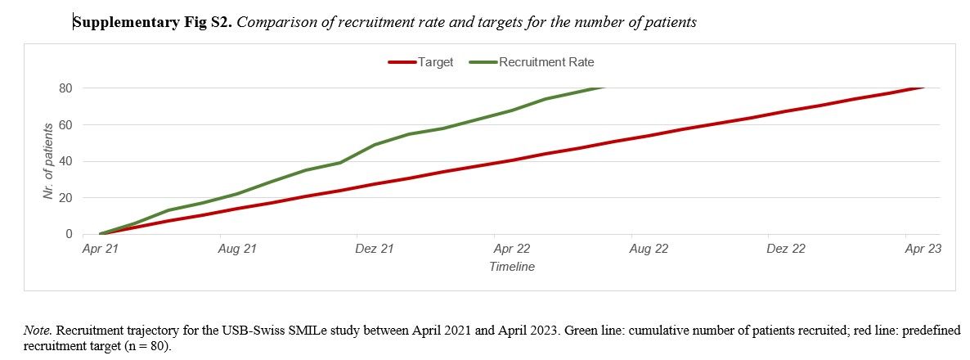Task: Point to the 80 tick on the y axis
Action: click(x=66, y=88)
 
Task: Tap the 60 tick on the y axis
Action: click(x=66, y=124)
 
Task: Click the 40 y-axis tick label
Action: click(x=66, y=161)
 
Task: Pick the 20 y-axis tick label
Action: click(x=66, y=198)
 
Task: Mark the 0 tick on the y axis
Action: click(x=70, y=235)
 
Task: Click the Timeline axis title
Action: click(x=512, y=267)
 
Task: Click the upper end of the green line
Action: click(x=602, y=88)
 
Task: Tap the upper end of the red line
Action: click(x=923, y=88)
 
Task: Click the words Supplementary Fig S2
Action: click(x=154, y=23)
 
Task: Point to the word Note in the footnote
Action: click(x=37, y=331)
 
